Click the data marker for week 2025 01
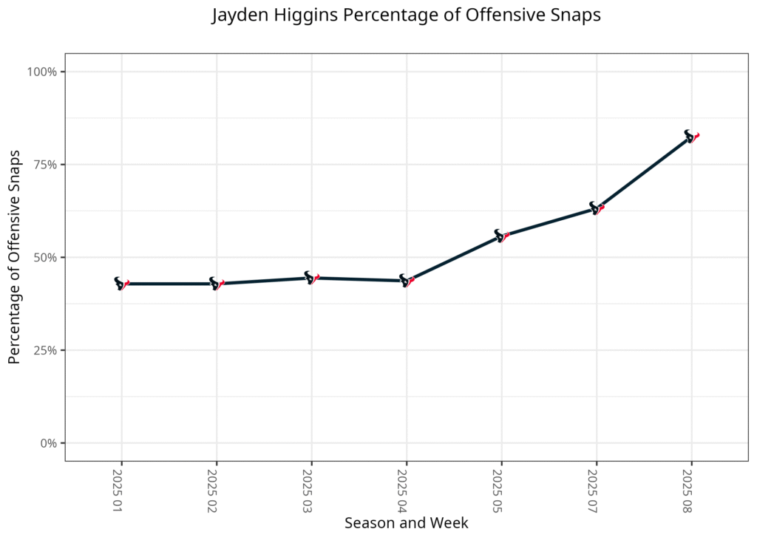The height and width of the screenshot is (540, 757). pos(121,284)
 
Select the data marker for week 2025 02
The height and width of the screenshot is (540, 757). pos(217,284)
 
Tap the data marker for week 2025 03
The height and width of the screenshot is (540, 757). pos(311,278)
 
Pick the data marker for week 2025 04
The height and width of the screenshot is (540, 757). pos(407,281)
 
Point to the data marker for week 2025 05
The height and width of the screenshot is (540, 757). pos(501,236)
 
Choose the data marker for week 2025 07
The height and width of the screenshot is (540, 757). pos(597,208)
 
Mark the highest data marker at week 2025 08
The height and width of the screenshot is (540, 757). pos(691,137)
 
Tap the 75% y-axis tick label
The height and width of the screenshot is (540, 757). pos(47,165)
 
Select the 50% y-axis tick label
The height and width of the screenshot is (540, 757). pos(47,258)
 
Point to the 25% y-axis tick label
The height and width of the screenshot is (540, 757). pos(47,350)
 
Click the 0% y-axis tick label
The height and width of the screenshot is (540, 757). pos(50,443)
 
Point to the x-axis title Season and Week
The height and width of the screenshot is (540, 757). pos(406,523)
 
